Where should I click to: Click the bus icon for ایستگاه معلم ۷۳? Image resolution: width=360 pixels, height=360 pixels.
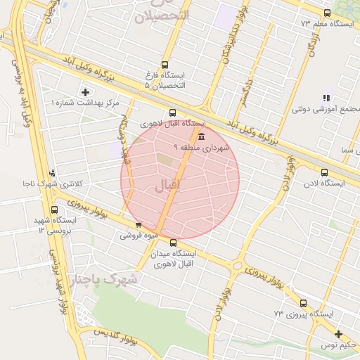(x=326, y=13)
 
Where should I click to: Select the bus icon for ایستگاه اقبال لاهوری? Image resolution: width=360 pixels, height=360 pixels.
(x=173, y=112)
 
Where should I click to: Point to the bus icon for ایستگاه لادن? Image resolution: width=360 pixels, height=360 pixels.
(x=324, y=172)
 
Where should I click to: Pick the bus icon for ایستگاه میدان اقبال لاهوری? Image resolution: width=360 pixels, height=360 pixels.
(x=173, y=243)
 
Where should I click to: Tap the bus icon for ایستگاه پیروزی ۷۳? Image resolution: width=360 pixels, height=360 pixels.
(x=303, y=303)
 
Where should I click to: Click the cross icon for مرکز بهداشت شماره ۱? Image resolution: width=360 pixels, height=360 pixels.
(x=86, y=92)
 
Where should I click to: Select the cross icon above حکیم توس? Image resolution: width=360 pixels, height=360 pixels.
(x=339, y=334)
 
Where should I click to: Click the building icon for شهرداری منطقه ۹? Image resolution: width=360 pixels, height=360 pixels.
(x=202, y=136)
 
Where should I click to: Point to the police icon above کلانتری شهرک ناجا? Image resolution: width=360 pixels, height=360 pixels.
(x=51, y=173)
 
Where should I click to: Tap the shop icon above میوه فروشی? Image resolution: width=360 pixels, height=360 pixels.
(x=138, y=225)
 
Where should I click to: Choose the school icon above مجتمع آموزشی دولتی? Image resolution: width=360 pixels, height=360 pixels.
(x=326, y=98)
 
